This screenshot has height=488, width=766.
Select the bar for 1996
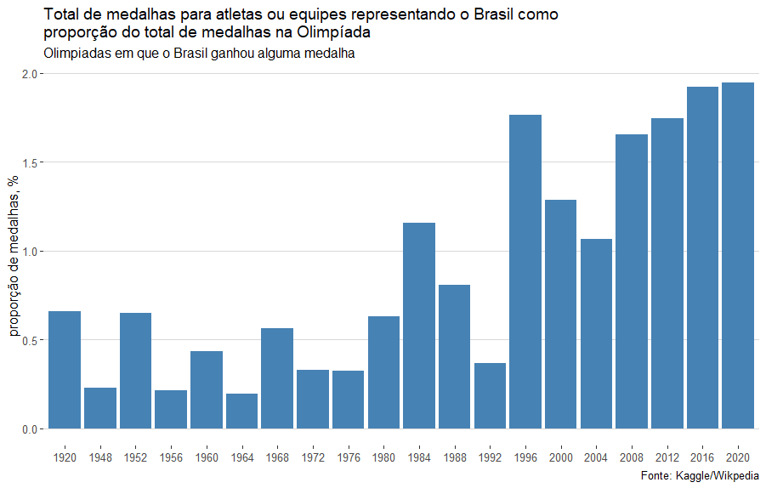point(525,272)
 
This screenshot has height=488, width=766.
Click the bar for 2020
point(738,255)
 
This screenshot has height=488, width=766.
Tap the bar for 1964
point(241,411)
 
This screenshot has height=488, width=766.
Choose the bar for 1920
point(65,370)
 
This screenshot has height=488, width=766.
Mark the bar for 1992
point(490,395)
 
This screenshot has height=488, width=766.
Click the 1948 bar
point(100,408)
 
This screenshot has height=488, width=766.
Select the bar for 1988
point(454,356)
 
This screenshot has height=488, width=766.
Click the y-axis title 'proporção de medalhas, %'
point(14,255)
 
